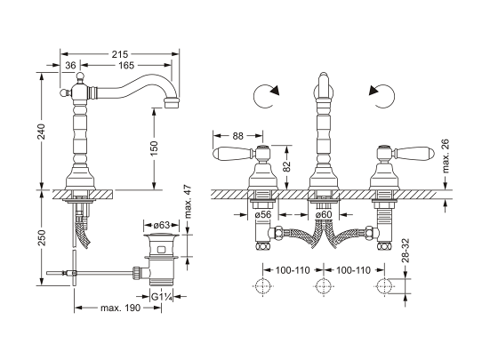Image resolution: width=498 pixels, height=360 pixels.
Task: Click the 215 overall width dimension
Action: click(x=119, y=53)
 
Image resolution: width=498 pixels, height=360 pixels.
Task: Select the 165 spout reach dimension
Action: click(x=127, y=66)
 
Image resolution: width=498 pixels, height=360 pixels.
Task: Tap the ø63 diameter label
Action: click(x=161, y=226)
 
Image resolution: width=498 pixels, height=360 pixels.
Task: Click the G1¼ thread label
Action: click(x=161, y=295)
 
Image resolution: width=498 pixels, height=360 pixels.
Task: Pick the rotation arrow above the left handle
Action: click(x=265, y=94)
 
